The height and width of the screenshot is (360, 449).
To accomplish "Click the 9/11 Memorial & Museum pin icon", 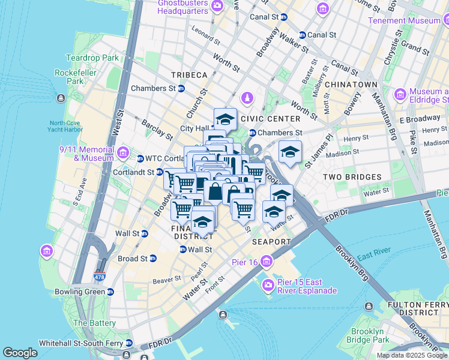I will click(124, 151).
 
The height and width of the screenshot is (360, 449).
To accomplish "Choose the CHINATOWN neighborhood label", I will click(351, 85).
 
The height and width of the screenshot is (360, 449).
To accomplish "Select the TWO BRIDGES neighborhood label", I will click(352, 177).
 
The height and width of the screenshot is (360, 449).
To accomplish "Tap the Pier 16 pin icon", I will click(266, 262).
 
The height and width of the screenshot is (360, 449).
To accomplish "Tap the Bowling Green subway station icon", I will click(110, 292).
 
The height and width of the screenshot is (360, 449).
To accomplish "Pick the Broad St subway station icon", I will click(152, 259).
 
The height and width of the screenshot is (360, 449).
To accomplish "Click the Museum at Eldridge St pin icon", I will click(400, 94).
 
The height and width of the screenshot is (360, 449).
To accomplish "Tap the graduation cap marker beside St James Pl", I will click(290, 151).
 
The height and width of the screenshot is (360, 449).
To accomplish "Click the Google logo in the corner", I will click(20, 353).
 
